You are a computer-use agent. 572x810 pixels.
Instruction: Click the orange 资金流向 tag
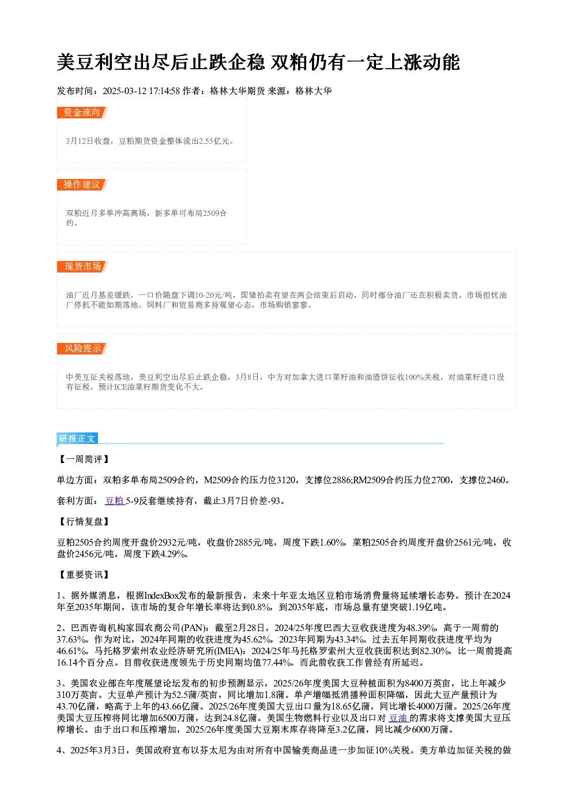coord(82,113)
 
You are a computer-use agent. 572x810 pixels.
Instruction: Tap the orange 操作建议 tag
coord(82,184)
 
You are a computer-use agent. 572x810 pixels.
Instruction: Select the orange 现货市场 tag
coord(82,267)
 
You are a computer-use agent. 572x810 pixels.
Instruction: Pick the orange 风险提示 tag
coord(82,349)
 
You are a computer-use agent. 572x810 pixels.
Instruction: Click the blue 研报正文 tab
coord(77,439)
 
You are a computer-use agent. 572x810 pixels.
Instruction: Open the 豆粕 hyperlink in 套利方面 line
coord(115,501)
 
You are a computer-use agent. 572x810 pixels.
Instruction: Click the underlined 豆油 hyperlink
coord(398,718)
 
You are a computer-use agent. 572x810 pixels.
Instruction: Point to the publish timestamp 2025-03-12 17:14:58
coord(141,91)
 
